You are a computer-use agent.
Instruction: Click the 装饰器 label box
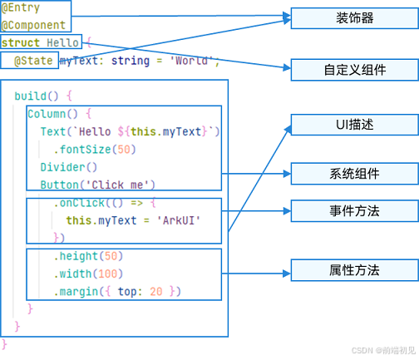355,18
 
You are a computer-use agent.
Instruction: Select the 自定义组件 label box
355,70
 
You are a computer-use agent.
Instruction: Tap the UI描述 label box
355,125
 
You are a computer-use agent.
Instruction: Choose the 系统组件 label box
355,174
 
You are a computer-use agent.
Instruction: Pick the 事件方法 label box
355,211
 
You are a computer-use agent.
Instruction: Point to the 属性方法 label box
355,270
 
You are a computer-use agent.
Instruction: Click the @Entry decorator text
21,8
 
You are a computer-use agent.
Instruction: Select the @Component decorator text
33,26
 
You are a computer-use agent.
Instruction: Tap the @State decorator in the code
33,61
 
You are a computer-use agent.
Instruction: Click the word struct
21,43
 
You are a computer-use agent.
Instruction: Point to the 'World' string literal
191,61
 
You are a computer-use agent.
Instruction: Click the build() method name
37,96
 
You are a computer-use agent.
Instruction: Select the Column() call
52,114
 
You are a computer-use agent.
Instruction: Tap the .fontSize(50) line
95,150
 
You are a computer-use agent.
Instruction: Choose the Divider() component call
69,167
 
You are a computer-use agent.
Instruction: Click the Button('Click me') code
97,185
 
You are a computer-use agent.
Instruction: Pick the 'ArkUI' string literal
179,220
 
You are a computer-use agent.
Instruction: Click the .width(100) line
88,274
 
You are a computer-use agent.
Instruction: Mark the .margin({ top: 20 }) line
117,292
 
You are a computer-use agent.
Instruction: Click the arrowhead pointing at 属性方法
287,274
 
